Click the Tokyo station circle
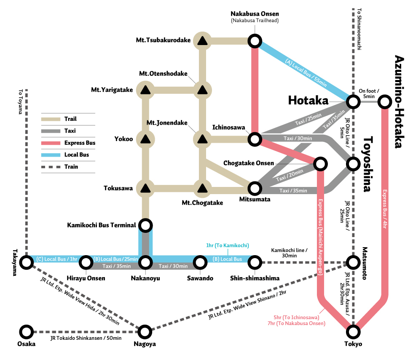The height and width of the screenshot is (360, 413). coord(353,332)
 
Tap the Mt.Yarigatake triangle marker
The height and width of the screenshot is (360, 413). coord(145,90)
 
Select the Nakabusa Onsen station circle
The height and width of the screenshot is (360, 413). coord(255,41)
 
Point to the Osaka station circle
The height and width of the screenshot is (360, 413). coord(27,332)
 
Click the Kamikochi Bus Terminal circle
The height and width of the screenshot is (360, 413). coord(145,225)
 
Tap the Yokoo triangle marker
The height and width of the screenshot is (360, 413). coord(145,139)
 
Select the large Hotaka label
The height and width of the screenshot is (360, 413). coord(308,100)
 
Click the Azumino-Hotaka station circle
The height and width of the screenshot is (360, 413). coord(384,101)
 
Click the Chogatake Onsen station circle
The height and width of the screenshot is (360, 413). coord(320,163)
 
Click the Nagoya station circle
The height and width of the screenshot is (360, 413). coord(145,332)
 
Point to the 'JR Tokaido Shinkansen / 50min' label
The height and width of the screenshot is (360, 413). coord(86,338)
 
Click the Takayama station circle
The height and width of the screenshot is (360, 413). coord(27,262)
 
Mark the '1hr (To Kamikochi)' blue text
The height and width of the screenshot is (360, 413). coord(228,245)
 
